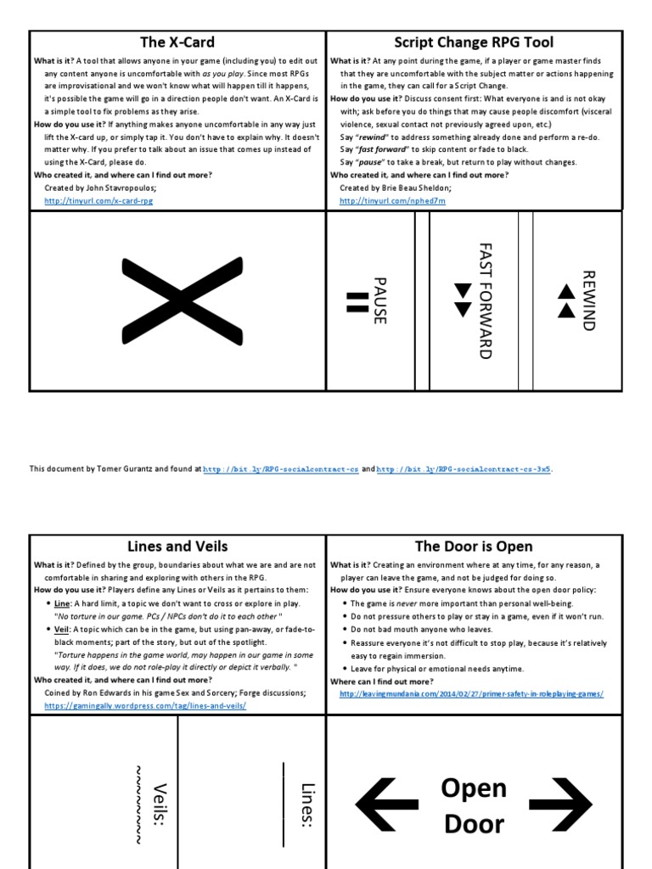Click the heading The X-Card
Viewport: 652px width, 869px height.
point(177,42)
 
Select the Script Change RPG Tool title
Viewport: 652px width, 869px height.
point(474,42)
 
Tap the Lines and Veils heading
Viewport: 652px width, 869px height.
point(177,547)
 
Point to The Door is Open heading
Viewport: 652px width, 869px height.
point(474,547)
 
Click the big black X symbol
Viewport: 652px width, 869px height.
point(177,301)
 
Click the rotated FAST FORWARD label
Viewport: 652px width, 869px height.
point(485,300)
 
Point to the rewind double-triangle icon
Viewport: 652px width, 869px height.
point(566,300)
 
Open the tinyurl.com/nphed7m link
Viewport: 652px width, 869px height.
point(391,200)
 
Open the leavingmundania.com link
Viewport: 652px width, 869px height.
point(471,693)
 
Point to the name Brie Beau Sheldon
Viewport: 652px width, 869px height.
point(419,188)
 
